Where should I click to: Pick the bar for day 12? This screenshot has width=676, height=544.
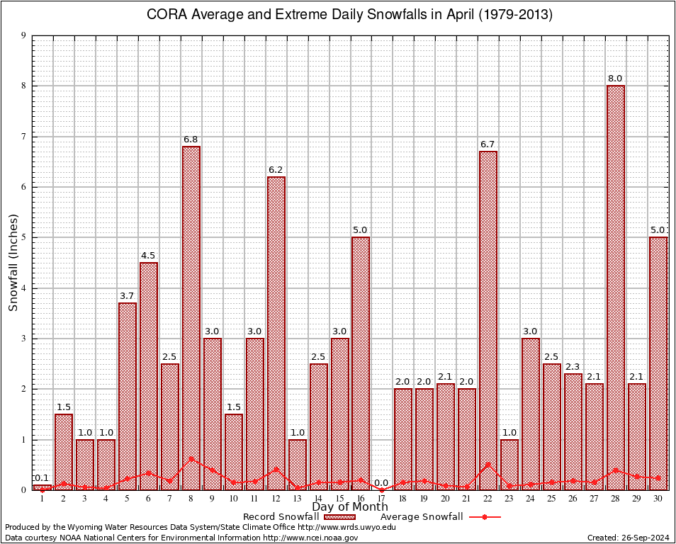(x=276, y=333)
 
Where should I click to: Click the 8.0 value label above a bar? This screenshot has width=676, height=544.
(x=616, y=79)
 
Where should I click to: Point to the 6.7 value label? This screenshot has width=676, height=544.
(x=488, y=144)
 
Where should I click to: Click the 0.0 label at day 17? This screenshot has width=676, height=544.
(x=382, y=483)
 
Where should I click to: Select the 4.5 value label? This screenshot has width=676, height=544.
(x=149, y=256)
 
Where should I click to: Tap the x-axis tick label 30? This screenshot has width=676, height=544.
(x=658, y=499)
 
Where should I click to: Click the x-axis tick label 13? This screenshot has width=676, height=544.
(x=298, y=499)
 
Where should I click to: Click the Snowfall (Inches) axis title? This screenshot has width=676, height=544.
(x=13, y=263)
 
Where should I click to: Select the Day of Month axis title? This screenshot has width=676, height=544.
(x=350, y=507)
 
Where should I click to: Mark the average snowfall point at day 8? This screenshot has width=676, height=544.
(x=191, y=458)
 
